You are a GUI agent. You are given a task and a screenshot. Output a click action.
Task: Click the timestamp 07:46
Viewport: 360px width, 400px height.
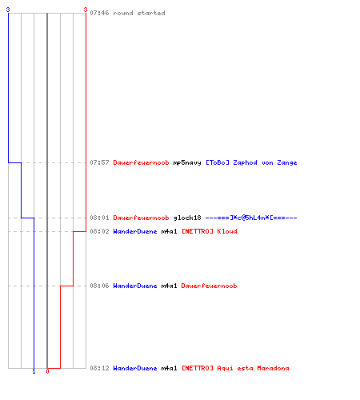pos(99,13)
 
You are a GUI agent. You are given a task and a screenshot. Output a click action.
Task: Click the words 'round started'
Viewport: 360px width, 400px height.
pos(139,13)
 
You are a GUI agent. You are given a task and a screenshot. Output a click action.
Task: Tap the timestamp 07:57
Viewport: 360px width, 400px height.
pos(99,162)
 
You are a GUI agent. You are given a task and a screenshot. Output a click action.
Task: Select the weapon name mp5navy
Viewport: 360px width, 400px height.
pos(187,162)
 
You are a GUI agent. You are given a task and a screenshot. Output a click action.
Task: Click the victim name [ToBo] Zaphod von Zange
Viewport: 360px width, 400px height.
pos(251,162)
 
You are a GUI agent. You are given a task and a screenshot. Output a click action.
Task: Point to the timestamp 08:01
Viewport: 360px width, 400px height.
pos(99,218)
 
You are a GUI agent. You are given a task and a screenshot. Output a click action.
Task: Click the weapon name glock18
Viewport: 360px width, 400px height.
pos(187,218)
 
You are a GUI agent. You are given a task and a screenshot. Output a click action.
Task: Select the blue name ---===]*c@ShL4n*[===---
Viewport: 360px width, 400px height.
pos(251,218)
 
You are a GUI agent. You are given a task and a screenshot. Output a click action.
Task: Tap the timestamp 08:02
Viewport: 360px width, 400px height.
pos(99,231)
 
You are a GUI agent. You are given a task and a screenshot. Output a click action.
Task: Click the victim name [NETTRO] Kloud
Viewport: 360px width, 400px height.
pos(210,231)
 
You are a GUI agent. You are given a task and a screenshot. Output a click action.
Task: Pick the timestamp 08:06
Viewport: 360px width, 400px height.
pos(99,286)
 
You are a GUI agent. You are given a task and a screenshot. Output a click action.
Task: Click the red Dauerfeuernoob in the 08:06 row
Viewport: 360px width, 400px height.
pos(209,286)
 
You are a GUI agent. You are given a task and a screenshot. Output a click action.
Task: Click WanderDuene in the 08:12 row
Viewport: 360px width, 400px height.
pos(135,368)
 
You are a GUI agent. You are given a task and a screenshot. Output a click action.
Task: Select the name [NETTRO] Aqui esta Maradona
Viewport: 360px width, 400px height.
pos(235,368)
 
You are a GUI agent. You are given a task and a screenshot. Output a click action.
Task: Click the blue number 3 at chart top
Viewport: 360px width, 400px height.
pos(8,10)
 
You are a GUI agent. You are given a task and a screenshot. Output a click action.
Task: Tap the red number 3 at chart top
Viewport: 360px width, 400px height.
pos(86,10)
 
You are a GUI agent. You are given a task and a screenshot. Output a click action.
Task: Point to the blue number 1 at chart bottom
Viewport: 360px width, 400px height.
pos(34,371)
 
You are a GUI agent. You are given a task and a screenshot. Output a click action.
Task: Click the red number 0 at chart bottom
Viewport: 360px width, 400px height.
pos(47,371)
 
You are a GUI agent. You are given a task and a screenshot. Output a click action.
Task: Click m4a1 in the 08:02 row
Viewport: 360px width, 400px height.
pos(169,231)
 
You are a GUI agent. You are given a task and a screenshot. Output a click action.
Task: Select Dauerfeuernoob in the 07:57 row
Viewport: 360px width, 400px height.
pos(141,162)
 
